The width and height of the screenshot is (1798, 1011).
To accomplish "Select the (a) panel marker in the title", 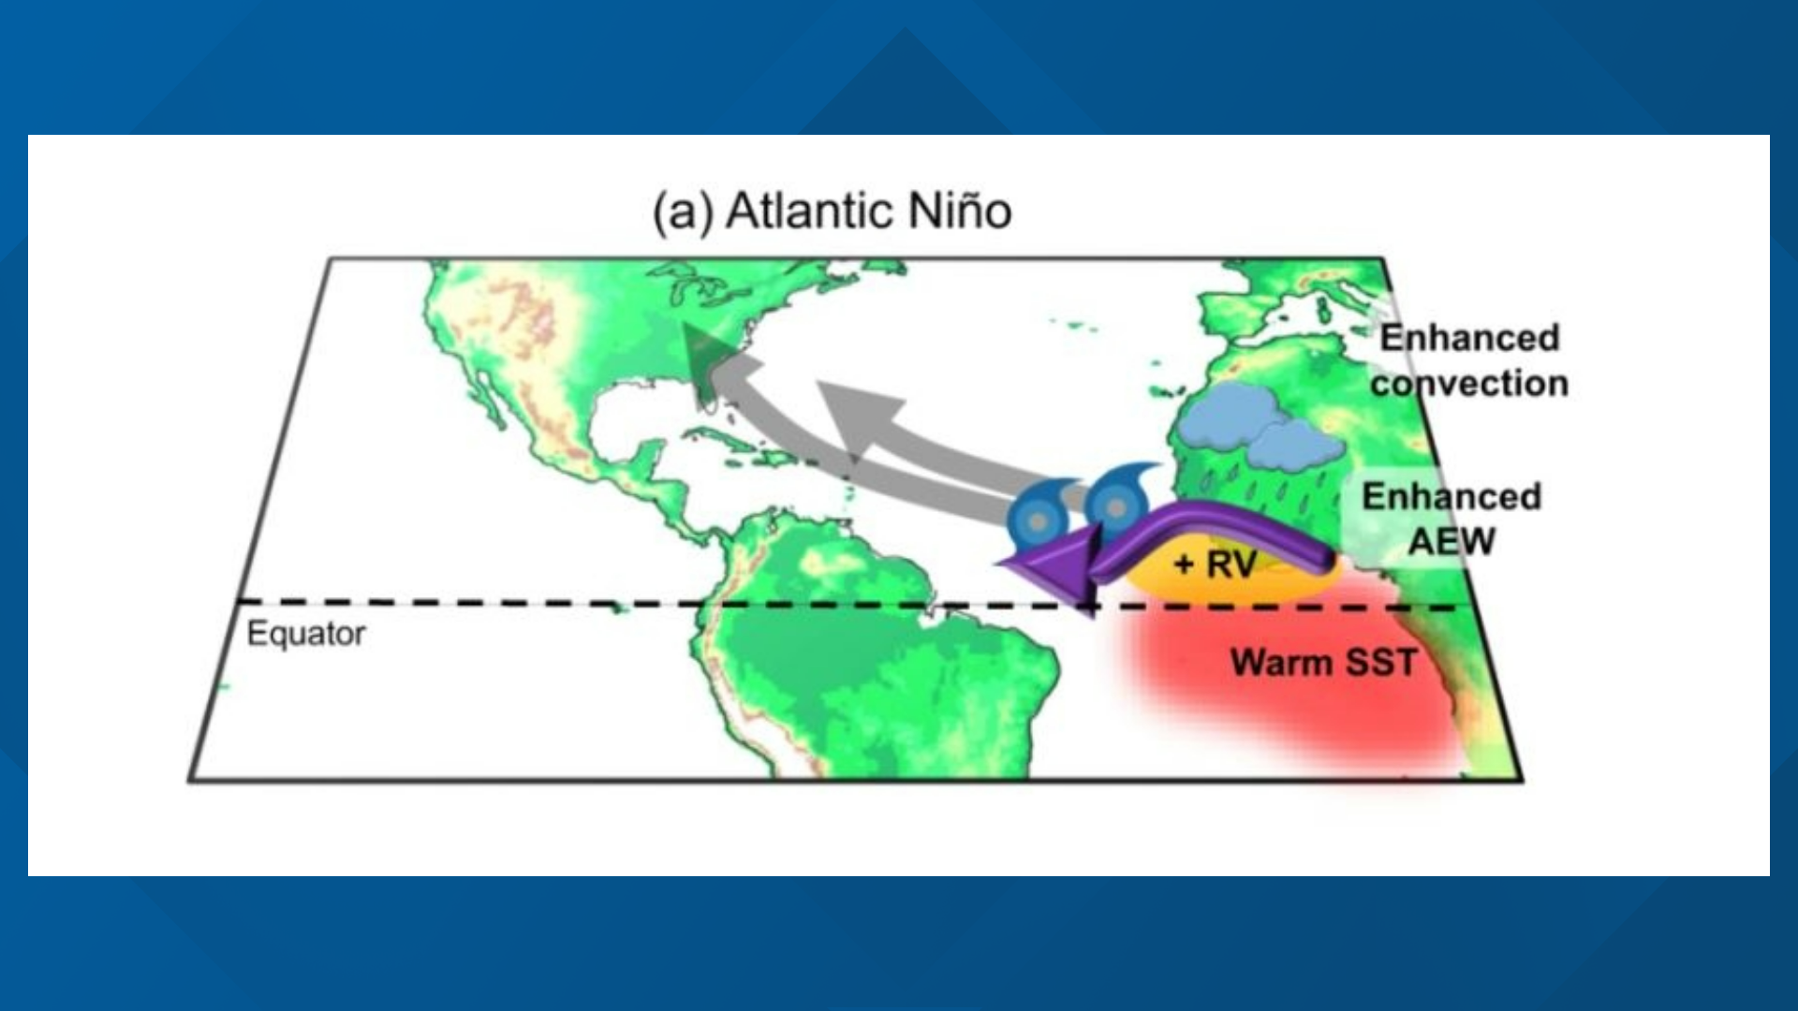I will click(683, 212).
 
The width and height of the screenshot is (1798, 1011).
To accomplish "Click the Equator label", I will click(305, 634).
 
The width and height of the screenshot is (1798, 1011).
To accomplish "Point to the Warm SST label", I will click(1322, 663).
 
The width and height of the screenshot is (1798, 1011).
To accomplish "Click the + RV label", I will click(1215, 564).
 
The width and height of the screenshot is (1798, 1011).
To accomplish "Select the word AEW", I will click(1452, 542).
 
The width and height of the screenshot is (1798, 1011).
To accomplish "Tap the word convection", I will click(1469, 383).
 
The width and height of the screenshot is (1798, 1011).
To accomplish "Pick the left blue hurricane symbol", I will click(1038, 517).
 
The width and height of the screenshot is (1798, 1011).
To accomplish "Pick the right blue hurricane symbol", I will click(1116, 505).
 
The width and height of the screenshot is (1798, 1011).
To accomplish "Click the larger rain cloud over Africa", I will click(1217, 418).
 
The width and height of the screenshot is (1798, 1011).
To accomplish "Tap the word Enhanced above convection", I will click(1469, 337).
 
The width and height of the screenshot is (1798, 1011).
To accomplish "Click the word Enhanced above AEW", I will click(1451, 496).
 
